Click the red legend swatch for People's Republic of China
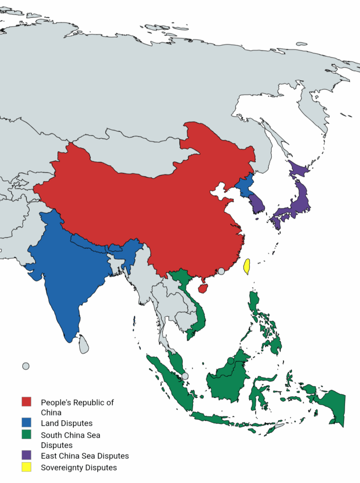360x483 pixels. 26,402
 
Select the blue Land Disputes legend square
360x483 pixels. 26,423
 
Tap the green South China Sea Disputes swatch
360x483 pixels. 26,434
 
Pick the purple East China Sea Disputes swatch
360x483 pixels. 26,455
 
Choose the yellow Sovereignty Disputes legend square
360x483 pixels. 26,467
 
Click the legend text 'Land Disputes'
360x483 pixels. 67,423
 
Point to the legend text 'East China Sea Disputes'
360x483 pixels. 85,456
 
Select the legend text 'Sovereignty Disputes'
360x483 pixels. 79,467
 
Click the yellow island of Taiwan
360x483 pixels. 246,266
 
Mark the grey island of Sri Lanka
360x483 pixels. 84,344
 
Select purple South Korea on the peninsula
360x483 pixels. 257,204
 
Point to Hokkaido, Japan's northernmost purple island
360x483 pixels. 297,170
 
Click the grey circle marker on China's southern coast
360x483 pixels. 221,271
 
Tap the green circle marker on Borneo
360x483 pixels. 230,361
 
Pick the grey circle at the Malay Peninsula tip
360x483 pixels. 185,376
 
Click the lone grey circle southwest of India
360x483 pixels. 25,366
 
